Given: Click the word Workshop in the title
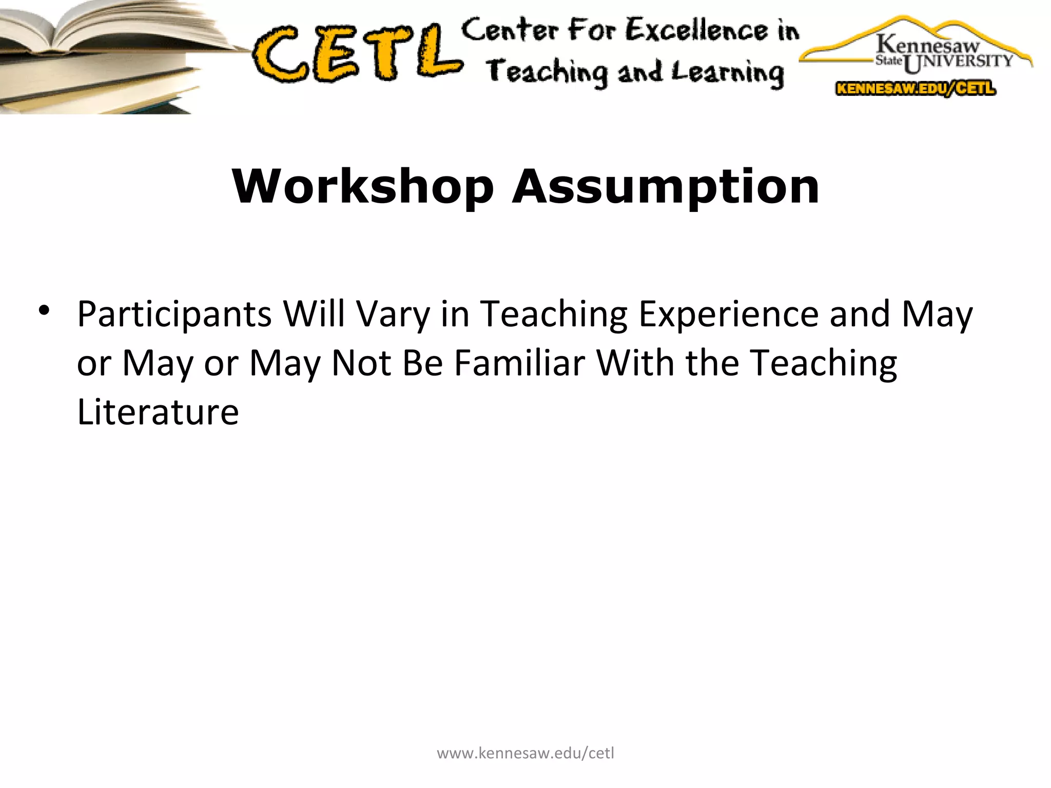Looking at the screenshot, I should (362, 187).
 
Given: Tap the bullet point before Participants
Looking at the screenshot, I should (44, 311).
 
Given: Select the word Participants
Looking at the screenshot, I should (174, 314).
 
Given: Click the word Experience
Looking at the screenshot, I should (729, 314).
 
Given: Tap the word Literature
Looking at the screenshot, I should (158, 411).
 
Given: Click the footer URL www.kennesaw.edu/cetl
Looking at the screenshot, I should (525, 753).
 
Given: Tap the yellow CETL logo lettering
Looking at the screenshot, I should (357, 54).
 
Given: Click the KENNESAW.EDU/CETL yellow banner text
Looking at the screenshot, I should (916, 89).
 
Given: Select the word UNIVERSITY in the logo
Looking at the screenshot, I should (959, 62).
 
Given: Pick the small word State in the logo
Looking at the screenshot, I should (888, 61).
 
